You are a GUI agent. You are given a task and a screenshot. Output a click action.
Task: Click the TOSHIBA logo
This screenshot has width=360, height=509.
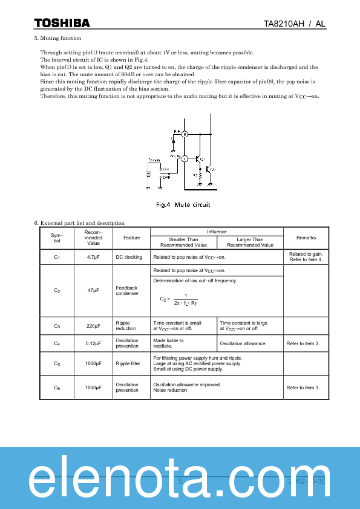(62, 23)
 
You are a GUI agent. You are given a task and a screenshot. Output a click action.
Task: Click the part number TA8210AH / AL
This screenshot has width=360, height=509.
(295, 24)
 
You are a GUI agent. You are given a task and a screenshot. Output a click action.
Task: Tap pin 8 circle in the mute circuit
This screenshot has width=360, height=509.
(185, 134)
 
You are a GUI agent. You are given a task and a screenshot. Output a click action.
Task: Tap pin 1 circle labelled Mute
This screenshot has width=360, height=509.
(185, 158)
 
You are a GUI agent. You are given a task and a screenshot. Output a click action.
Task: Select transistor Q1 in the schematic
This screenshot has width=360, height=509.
(198, 158)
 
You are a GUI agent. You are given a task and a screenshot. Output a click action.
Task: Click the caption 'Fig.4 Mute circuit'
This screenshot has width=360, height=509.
(183, 205)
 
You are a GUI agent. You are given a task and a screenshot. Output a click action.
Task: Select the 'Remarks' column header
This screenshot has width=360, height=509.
(306, 238)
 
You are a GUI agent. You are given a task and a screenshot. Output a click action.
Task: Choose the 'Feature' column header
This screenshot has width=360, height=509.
(131, 238)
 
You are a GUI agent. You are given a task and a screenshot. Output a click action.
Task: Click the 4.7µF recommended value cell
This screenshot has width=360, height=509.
(93, 257)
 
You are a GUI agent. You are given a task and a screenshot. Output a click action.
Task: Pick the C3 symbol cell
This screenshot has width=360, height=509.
(56, 326)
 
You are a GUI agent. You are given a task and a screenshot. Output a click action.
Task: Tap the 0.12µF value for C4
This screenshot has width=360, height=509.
(93, 343)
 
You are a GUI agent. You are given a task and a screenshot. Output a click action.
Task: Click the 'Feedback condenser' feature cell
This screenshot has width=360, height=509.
(127, 291)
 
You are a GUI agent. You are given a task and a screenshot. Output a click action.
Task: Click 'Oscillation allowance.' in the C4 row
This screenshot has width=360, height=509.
(243, 343)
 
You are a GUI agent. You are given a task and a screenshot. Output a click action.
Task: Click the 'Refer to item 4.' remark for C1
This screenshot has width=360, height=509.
(306, 259)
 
